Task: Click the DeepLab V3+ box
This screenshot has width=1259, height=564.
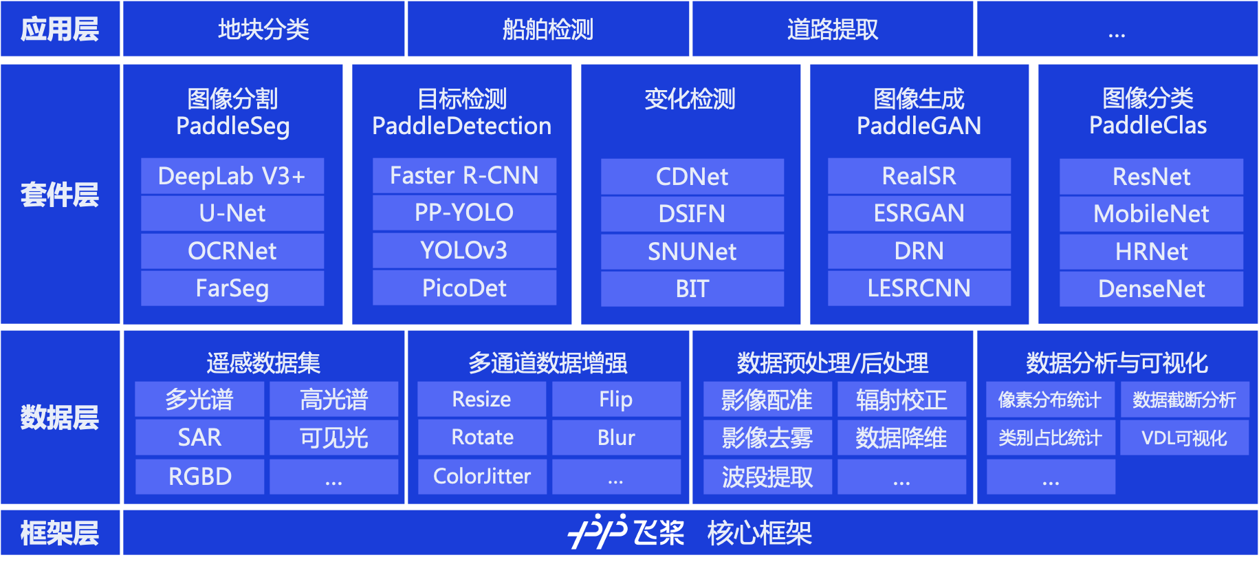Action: (232, 176)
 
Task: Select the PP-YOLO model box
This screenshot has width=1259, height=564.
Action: (464, 213)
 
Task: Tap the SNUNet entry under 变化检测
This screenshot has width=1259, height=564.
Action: (692, 252)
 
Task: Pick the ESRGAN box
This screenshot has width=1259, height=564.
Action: (919, 213)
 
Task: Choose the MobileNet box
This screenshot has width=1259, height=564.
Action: (1151, 214)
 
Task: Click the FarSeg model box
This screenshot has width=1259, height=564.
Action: (232, 288)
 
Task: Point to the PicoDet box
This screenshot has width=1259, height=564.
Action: (464, 288)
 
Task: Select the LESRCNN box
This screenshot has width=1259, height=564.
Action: (919, 288)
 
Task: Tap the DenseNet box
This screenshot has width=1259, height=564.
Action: (1151, 289)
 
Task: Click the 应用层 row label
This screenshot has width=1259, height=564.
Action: (60, 29)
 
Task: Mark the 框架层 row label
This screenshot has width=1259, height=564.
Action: (60, 533)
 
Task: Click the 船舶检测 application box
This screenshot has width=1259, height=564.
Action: (548, 29)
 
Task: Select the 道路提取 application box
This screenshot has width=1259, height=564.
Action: (833, 29)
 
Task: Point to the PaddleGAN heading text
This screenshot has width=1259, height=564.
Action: (919, 126)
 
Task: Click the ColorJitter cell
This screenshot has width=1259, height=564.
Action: (482, 477)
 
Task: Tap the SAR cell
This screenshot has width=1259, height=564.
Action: (199, 437)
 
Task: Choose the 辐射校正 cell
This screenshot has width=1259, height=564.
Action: (901, 400)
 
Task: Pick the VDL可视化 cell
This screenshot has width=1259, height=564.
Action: (1184, 437)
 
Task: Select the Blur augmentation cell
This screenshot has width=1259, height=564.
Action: (616, 437)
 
